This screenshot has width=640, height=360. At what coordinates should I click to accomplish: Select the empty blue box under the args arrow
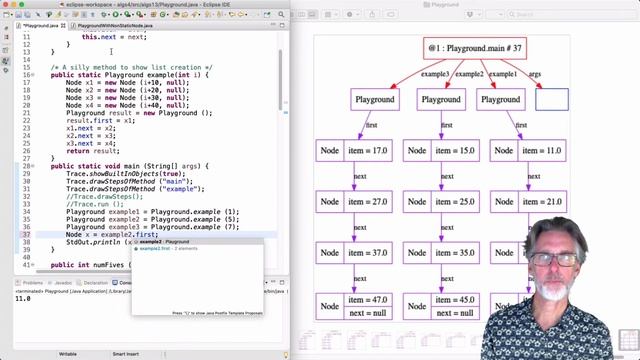551,100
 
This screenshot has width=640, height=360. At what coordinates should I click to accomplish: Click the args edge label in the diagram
534,74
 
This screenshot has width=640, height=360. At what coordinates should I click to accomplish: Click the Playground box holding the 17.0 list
374,100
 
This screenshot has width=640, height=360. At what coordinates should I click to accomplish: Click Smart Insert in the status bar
125,353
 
